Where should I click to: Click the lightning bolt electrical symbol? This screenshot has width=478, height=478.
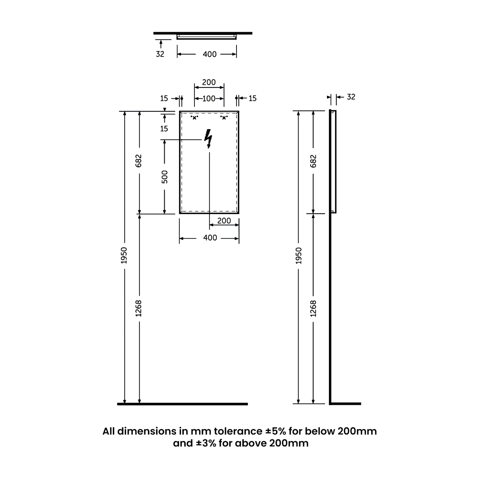click(208, 139)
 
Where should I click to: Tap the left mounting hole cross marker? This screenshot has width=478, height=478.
click(194, 118)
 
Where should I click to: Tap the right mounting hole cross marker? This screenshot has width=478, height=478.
click(224, 118)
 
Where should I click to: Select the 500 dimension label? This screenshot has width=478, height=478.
click(164, 177)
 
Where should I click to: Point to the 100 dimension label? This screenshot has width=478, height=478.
click(209, 99)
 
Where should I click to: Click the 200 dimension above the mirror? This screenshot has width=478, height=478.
click(209, 82)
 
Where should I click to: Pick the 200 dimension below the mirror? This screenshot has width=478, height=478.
click(224, 221)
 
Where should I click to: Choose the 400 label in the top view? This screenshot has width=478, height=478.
click(210, 54)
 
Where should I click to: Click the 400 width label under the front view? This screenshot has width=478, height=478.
click(210, 238)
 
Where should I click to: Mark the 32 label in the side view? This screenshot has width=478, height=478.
click(351, 97)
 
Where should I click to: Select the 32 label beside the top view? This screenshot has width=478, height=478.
click(160, 54)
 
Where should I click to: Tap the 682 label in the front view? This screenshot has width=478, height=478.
click(139, 161)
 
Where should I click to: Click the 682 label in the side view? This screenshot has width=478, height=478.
click(314, 161)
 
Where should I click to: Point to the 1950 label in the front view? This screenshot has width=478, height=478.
click(124, 255)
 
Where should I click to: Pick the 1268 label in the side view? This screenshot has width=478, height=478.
click(314, 308)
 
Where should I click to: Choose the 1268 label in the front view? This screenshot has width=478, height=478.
click(139, 308)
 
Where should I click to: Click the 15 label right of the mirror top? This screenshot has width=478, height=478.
click(252, 98)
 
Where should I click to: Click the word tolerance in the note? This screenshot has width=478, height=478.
click(238, 431)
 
